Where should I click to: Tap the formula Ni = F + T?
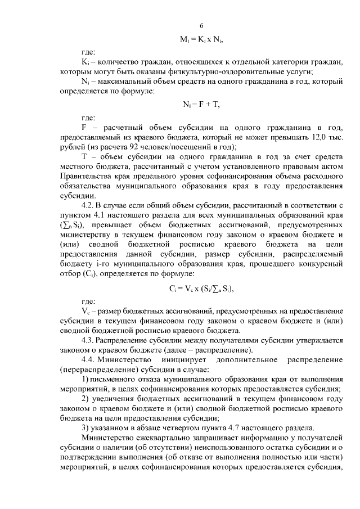201,105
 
